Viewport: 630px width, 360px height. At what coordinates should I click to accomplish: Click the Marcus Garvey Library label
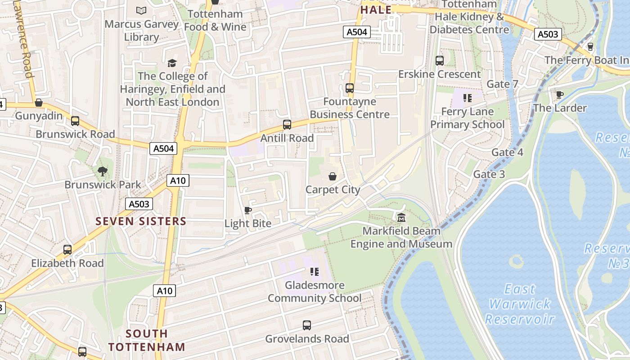[142, 30]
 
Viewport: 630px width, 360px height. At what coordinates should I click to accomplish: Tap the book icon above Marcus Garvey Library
[141, 10]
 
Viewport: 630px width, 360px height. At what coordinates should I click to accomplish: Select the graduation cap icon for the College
[172, 63]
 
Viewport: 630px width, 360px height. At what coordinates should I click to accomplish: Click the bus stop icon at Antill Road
[287, 125]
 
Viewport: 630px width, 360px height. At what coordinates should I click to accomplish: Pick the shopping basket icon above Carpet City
[333, 176]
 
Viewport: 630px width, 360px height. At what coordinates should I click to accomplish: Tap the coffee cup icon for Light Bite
[247, 210]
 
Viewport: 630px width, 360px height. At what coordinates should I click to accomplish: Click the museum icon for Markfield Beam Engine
[401, 218]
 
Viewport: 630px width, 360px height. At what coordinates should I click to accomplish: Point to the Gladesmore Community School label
[315, 292]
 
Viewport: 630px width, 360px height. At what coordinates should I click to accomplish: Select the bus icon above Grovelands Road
[307, 325]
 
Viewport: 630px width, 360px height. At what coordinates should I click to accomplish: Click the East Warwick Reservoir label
[520, 304]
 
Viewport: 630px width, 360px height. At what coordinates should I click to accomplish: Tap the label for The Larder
[560, 108]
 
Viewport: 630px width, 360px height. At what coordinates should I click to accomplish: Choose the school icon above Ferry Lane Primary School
[467, 98]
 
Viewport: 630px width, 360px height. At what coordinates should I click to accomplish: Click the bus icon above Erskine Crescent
[440, 60]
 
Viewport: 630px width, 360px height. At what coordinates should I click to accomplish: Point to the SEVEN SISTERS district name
[141, 221]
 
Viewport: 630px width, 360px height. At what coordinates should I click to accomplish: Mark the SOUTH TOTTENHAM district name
[147, 340]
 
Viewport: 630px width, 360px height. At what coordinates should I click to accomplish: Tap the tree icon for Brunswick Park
[103, 171]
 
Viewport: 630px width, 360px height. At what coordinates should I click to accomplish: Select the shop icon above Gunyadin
[39, 103]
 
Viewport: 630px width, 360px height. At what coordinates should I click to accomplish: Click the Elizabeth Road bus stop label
[67, 263]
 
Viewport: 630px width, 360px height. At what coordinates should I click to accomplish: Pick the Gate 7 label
[503, 84]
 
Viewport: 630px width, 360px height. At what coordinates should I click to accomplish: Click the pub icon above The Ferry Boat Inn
[590, 46]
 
